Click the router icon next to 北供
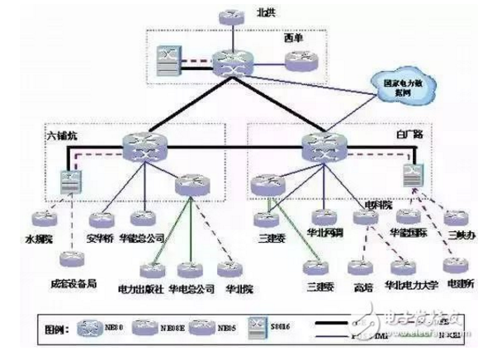[225, 16]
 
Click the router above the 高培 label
[360, 268]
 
